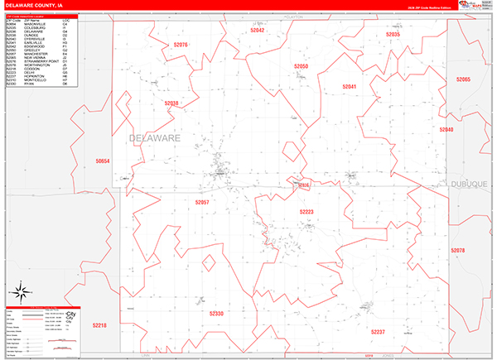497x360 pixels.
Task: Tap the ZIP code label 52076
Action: point(181,45)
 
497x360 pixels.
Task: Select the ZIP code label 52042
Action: point(258,30)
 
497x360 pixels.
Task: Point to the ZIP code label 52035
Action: point(393,35)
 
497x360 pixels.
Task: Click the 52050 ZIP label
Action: point(302,66)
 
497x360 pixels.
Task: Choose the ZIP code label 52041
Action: point(350,86)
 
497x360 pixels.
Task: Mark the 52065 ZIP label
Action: point(463,79)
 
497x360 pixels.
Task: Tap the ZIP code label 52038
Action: point(171,103)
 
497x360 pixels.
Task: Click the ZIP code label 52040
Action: point(446,130)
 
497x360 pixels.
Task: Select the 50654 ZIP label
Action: point(103,161)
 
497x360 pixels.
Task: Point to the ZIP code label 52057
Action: point(202,202)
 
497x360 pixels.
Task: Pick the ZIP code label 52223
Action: point(306,212)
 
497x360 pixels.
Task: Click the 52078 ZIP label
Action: point(458,250)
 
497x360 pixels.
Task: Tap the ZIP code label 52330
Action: point(216,314)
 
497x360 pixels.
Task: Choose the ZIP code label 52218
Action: point(99,325)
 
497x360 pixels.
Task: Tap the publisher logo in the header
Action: point(470,7)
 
